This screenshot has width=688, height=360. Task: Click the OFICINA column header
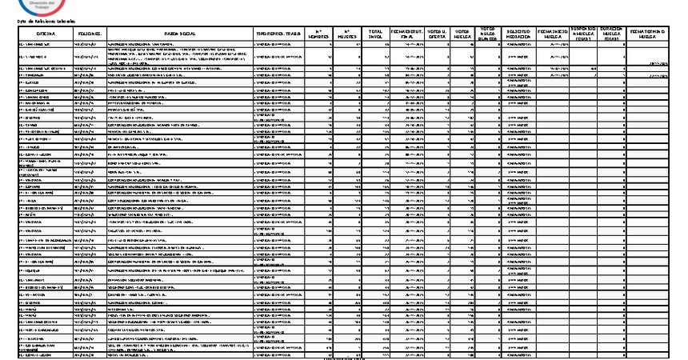point(36,34)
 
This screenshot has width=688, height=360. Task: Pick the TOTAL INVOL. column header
point(374,34)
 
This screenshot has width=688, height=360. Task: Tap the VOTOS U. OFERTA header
point(437,34)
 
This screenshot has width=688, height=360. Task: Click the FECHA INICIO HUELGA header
point(554,34)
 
